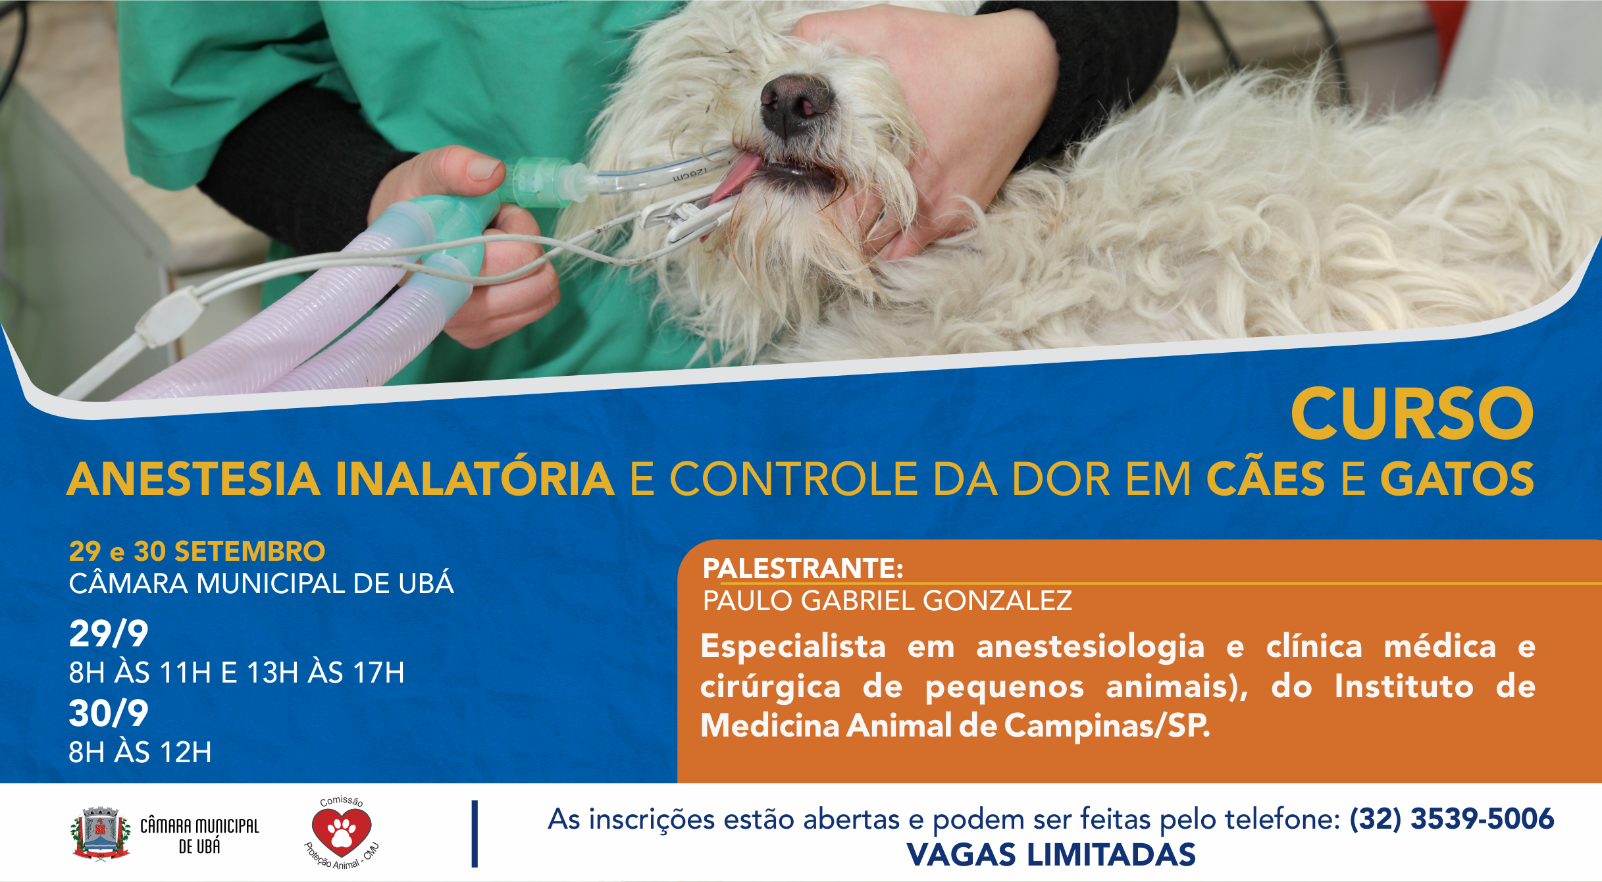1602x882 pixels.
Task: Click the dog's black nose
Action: (x=795, y=105)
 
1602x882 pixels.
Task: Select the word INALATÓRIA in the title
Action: (x=475, y=479)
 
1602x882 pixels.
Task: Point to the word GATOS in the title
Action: (x=1457, y=479)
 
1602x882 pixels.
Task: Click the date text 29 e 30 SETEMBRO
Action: (x=197, y=552)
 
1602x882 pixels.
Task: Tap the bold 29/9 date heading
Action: (x=109, y=634)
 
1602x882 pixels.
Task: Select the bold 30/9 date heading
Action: (x=109, y=713)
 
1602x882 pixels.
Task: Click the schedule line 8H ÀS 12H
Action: (x=140, y=752)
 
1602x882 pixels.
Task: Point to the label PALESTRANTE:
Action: (x=802, y=568)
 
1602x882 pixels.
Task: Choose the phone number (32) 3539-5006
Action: (x=1451, y=819)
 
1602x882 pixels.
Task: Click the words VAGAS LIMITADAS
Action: (x=1050, y=855)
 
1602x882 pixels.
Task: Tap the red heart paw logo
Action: (x=341, y=831)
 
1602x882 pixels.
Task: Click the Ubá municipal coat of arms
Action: (x=100, y=833)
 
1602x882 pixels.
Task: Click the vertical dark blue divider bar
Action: (x=475, y=833)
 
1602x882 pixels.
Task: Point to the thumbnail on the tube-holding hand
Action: (x=484, y=168)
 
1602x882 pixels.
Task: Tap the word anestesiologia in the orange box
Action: (x=1090, y=646)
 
